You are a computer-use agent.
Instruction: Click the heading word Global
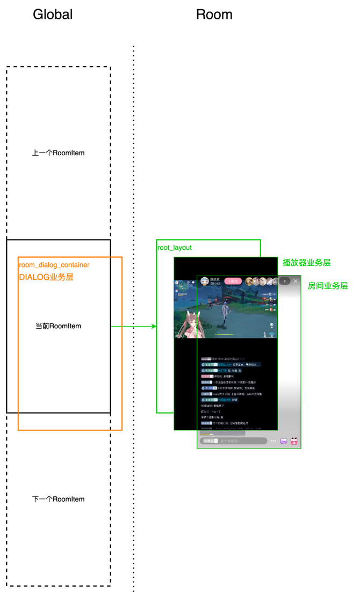pyautogui.click(x=53, y=15)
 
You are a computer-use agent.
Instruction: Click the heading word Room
pyautogui.click(x=214, y=15)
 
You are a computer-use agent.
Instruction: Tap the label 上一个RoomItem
pyautogui.click(x=58, y=153)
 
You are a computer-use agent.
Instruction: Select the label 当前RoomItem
pyautogui.click(x=58, y=326)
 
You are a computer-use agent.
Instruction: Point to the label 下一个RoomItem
pyautogui.click(x=58, y=499)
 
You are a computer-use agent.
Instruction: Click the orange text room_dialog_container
pyautogui.click(x=54, y=265)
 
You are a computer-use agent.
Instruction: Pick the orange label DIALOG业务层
pyautogui.click(x=46, y=277)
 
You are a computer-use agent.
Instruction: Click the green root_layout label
pyautogui.click(x=174, y=248)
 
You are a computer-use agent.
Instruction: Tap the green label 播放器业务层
pyautogui.click(x=306, y=263)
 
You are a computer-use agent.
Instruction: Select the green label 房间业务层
pyautogui.click(x=328, y=286)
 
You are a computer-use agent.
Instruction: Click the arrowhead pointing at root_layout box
pyautogui.click(x=154, y=326)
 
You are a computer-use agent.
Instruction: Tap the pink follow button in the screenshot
pyautogui.click(x=233, y=281)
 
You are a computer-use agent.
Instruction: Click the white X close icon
pyautogui.click(x=295, y=281)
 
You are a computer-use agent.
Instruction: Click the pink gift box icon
pyautogui.click(x=294, y=441)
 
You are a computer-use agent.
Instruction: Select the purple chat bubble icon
pyautogui.click(x=284, y=441)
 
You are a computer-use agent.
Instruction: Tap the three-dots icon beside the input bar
pyautogui.click(x=273, y=441)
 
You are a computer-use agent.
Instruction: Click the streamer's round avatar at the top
pyautogui.click(x=204, y=281)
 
